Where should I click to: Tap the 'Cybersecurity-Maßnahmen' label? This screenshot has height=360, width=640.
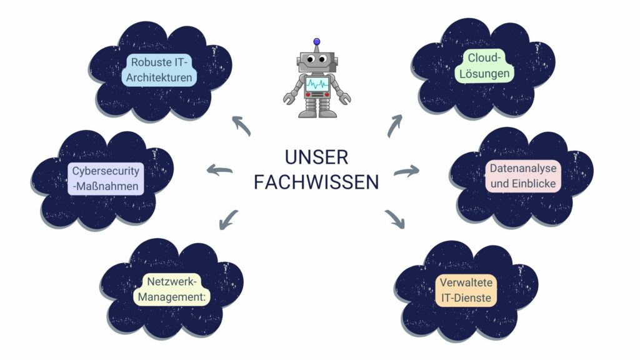pyautogui.click(x=106, y=179)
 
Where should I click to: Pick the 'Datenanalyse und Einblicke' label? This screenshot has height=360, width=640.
pyautogui.click(x=523, y=176)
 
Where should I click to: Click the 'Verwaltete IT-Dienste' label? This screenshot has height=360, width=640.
pyautogui.click(x=466, y=291)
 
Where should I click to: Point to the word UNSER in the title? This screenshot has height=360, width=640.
pyautogui.click(x=316, y=156)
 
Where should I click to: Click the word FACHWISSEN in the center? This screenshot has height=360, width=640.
pyautogui.click(x=316, y=182)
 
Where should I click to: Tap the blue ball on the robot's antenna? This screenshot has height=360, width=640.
pyautogui.click(x=317, y=42)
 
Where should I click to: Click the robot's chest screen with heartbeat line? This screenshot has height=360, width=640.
pyautogui.click(x=317, y=84)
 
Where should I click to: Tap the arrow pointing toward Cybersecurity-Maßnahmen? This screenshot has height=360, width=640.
pyautogui.click(x=219, y=169)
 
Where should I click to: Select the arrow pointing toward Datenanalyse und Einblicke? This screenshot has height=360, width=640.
pyautogui.click(x=407, y=171)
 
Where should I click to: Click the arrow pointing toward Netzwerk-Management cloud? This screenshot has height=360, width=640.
pyautogui.click(x=229, y=218)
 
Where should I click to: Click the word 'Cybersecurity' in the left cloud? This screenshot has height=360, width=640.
pyautogui.click(x=106, y=171)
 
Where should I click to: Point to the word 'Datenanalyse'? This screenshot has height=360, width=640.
pyautogui.click(x=523, y=169)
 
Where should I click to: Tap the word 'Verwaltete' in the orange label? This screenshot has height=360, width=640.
pyautogui.click(x=466, y=282)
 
